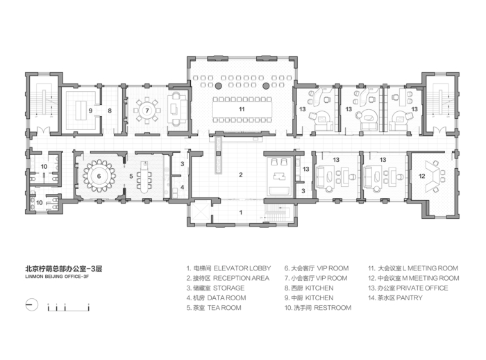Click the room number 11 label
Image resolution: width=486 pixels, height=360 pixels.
(x=242, y=109)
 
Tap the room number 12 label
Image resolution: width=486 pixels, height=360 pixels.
(x=422, y=176)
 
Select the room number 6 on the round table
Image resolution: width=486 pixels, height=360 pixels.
(x=99, y=176)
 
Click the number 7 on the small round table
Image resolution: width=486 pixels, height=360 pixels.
(x=147, y=111)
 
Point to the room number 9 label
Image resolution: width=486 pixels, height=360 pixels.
(x=90, y=111)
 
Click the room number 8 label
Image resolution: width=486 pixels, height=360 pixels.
(x=110, y=111)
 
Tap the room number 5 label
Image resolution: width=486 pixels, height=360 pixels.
(x=131, y=176)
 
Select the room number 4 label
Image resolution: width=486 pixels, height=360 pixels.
(x=182, y=187)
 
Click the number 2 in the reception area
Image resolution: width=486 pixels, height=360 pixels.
(x=241, y=174)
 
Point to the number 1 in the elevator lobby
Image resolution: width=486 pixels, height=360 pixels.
(x=240, y=213)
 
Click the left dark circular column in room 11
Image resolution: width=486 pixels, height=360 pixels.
(x=218, y=85)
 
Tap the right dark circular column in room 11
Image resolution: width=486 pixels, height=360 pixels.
(x=266, y=85)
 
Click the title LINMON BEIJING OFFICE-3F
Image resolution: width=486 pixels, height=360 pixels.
(x=57, y=276)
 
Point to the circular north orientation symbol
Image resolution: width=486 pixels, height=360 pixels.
(x=32, y=304)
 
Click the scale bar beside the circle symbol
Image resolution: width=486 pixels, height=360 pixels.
(x=68, y=308)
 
